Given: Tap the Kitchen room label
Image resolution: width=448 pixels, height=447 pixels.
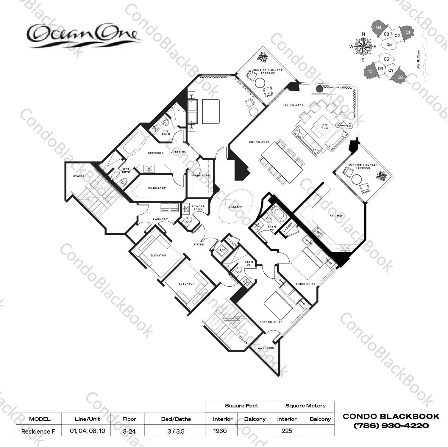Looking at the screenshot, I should click(x=336, y=216).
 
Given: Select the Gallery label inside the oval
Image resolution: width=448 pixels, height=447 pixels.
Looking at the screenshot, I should click(x=235, y=207).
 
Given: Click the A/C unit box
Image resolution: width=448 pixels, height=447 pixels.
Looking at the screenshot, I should click(x=222, y=250).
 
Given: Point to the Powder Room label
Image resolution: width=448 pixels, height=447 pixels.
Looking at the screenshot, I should click(x=198, y=208).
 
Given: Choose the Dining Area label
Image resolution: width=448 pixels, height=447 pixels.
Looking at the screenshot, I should click(x=259, y=142).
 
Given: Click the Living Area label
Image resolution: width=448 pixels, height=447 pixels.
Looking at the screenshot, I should click(x=293, y=105).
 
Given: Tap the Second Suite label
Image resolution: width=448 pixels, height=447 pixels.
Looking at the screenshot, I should click(x=271, y=322).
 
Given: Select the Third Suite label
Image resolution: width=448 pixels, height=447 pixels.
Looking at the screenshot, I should click(x=305, y=284).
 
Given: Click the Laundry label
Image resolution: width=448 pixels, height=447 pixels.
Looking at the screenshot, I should click(x=160, y=219).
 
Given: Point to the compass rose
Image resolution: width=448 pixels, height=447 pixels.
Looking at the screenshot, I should click(x=363, y=47).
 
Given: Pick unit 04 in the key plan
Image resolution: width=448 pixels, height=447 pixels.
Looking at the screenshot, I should click(x=378, y=28).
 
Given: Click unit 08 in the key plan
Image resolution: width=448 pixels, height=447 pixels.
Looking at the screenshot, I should click(x=400, y=77).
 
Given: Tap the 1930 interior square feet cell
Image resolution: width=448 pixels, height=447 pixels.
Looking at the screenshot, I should click(x=220, y=431).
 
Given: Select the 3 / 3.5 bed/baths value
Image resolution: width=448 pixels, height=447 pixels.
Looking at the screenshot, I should click(x=176, y=431).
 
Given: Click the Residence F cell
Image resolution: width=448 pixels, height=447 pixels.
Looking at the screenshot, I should click(x=38, y=431).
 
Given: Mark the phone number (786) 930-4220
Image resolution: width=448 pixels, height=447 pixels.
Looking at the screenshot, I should click(x=391, y=426).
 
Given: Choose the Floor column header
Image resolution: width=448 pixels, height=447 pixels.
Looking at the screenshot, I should click(x=129, y=419).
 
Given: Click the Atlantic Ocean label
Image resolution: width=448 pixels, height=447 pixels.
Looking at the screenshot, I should click(x=418, y=59).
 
